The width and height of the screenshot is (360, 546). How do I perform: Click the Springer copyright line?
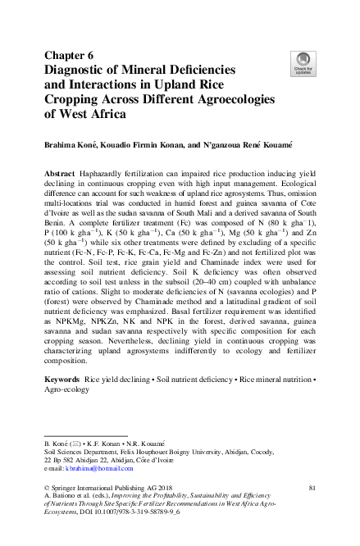(115, 489)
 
